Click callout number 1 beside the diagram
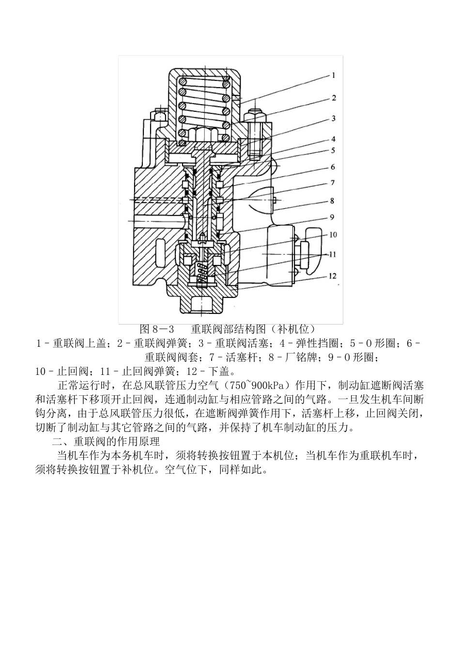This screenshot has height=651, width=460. pos(334,76)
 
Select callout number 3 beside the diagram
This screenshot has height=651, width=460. pos(334,119)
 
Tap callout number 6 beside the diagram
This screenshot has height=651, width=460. pos(333,167)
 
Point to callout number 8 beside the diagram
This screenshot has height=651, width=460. pos(332,201)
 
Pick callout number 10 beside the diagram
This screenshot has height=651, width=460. pos(333,235)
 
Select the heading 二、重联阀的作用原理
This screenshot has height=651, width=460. pos(106,442)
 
